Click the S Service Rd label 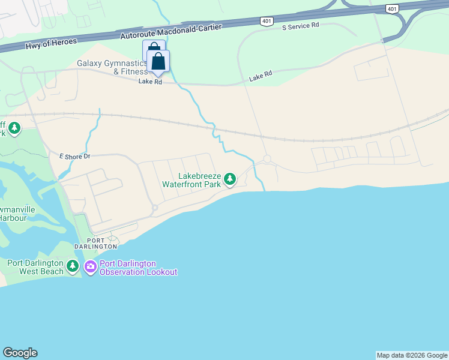pos(300,26)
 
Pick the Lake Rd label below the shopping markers pos(150,82)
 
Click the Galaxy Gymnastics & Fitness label pos(112,67)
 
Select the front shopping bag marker pos(158,61)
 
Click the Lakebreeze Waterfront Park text pos(191,180)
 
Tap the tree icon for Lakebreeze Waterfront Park pos(229,179)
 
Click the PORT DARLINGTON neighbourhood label pos(95,244)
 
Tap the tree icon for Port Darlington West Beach pos(73,265)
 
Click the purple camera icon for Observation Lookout pos(91,266)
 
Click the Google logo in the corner pos(20,353)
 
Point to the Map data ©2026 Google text pos(412,355)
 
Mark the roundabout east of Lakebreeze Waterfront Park pos(267,159)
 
